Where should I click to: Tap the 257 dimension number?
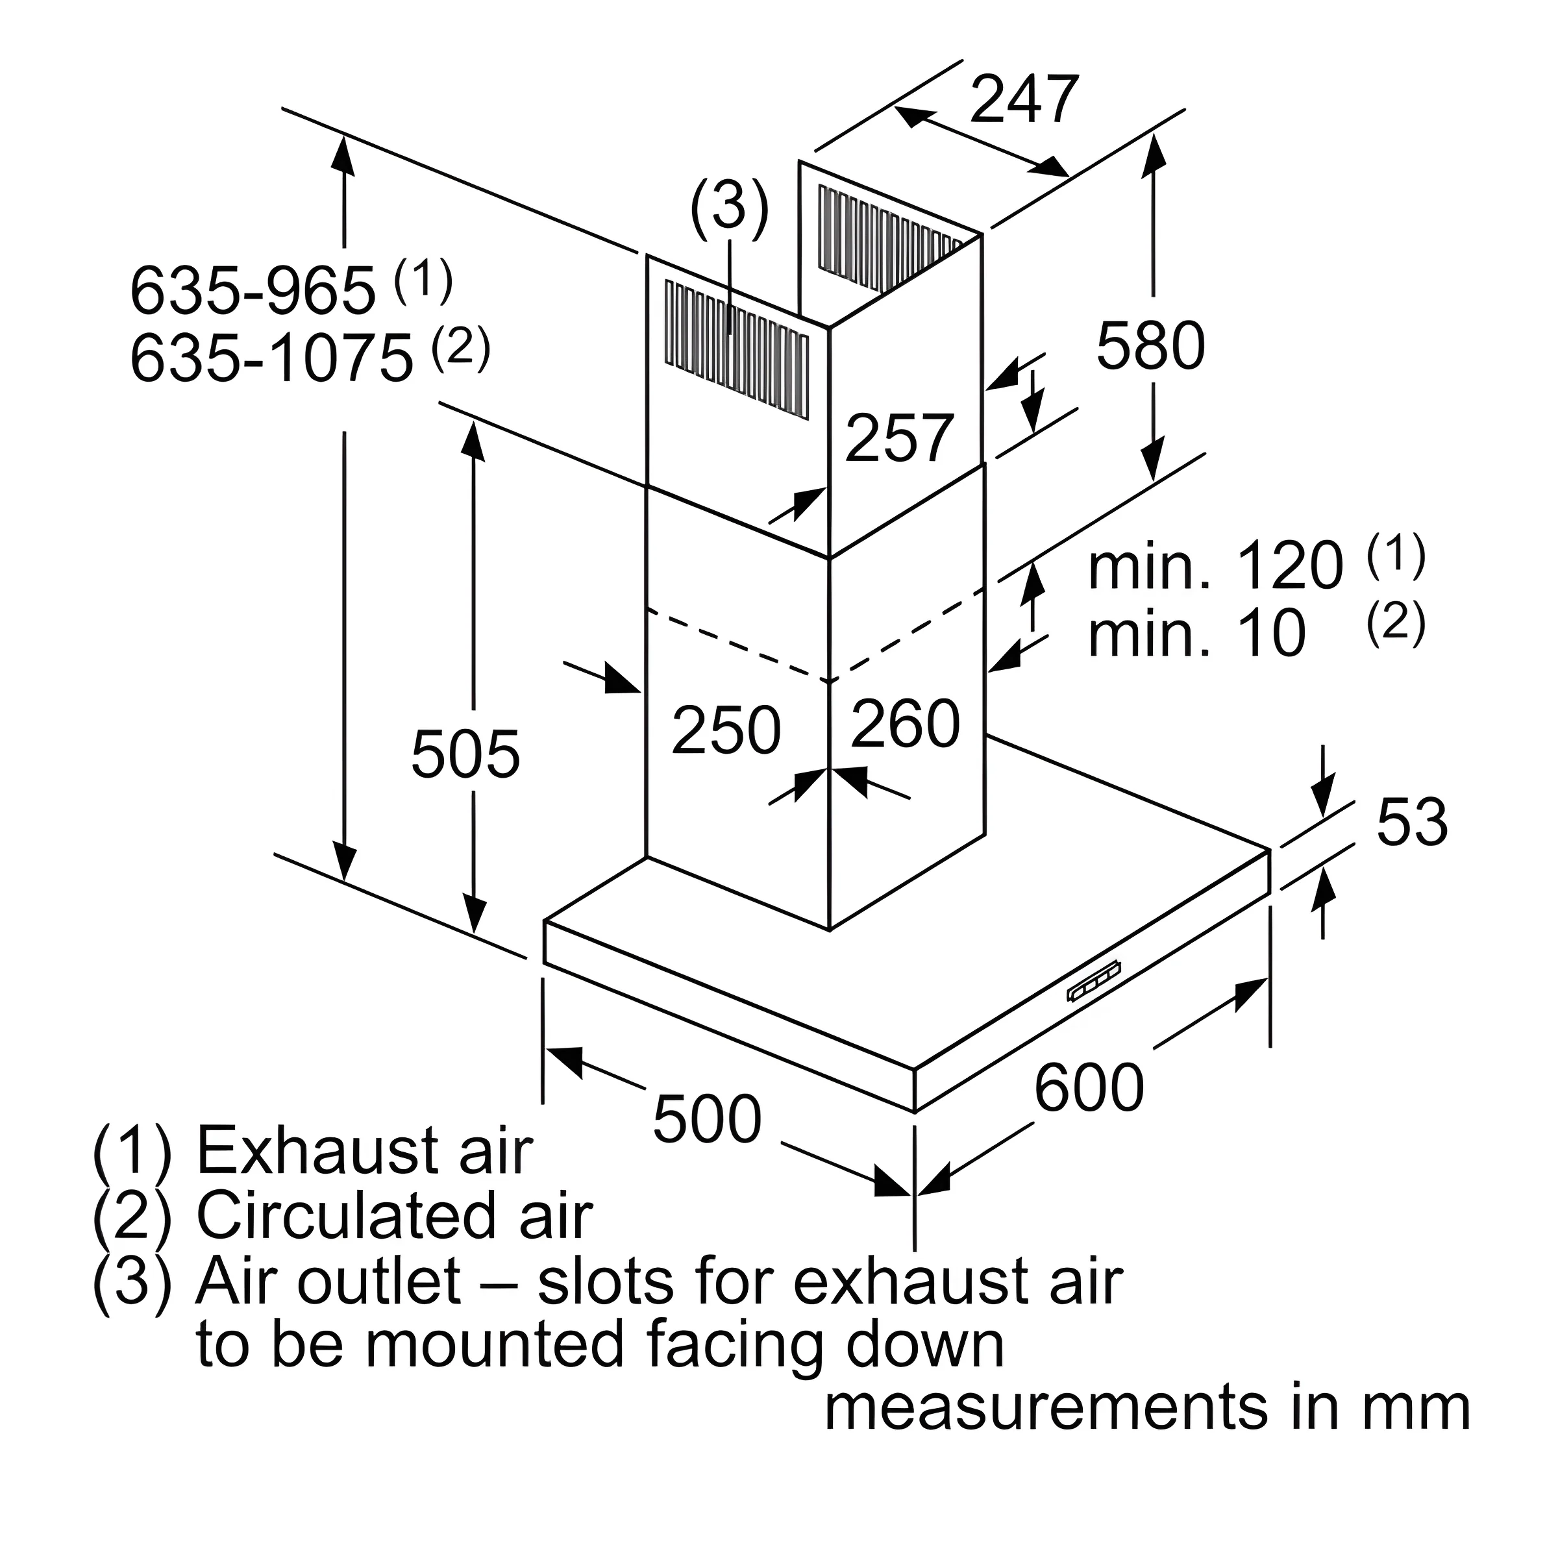900,438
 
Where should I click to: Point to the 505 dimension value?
465,754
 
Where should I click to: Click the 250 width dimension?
726,730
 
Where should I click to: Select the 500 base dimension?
707,1119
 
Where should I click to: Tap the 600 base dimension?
1089,1087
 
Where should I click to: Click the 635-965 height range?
253,290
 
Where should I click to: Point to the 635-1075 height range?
272,359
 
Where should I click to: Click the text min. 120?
1216,566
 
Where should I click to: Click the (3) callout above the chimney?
729,207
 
